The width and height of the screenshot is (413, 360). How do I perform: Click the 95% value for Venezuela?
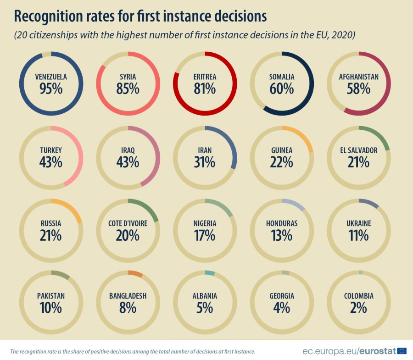click(x=51, y=89)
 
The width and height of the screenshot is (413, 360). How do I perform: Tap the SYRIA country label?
click(x=128, y=77)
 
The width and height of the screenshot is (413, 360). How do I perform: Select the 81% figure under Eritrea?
click(x=205, y=89)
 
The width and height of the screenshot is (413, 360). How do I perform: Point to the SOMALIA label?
click(x=282, y=77)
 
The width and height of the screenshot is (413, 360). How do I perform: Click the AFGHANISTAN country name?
click(x=359, y=77)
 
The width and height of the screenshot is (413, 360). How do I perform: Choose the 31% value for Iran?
click(x=205, y=162)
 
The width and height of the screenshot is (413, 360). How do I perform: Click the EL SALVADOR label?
click(x=359, y=150)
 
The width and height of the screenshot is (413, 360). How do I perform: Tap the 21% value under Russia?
click(x=51, y=235)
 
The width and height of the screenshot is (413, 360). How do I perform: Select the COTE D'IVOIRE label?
click(x=128, y=223)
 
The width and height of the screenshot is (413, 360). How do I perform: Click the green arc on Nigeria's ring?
click(x=226, y=208)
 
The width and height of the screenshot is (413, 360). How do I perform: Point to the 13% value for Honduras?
click(x=282, y=235)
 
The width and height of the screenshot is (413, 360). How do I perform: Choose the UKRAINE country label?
click(x=359, y=223)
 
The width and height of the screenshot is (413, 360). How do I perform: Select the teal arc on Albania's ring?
click(x=210, y=273)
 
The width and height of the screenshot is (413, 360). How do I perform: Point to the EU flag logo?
click(x=402, y=351)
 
